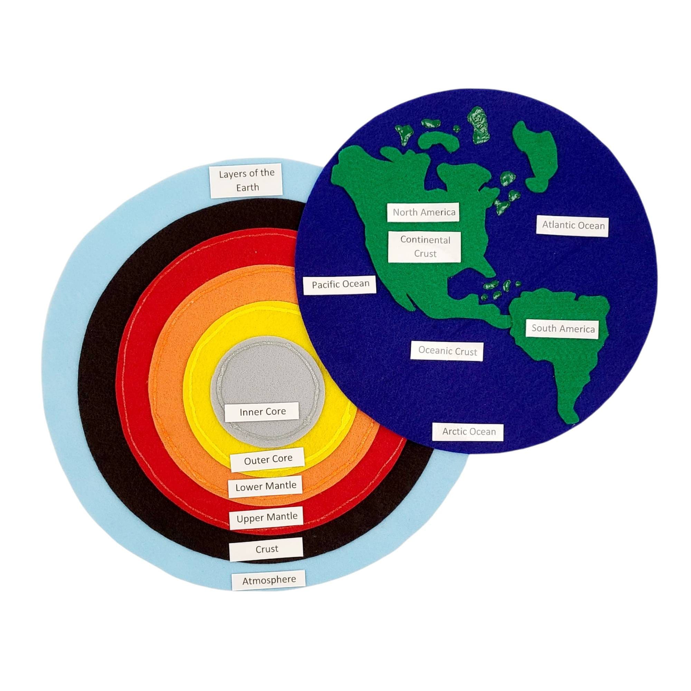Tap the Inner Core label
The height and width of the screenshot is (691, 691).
(x=263, y=412)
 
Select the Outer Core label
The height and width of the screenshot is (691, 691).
(x=268, y=459)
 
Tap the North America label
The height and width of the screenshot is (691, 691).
(x=424, y=212)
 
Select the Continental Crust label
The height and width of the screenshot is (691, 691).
(x=425, y=246)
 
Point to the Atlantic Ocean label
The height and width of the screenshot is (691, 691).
(x=573, y=225)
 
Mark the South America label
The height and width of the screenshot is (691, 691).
(x=562, y=328)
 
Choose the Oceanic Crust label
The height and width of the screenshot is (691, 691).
(x=447, y=351)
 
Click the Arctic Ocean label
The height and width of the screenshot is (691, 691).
(x=468, y=432)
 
